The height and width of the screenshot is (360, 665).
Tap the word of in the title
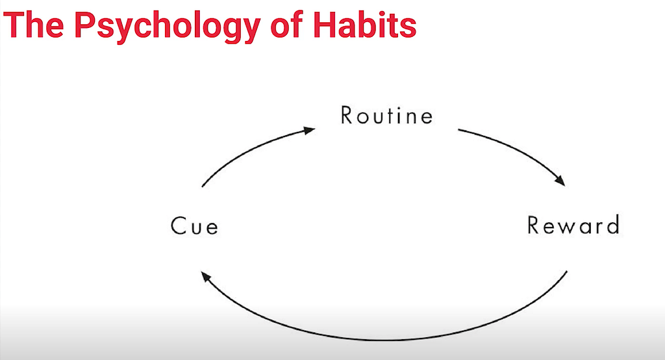point(286,25)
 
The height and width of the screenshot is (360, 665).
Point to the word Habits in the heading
point(365,25)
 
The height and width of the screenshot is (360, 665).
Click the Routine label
point(387,115)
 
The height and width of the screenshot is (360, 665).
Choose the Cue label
point(195,225)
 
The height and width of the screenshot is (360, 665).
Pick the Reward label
point(573,225)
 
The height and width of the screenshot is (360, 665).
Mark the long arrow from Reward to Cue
point(384,340)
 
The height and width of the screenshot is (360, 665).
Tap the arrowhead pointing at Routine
point(310,130)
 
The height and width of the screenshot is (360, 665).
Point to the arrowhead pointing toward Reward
point(560,181)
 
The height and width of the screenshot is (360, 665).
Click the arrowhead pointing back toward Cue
point(206,277)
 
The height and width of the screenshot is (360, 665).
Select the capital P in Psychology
point(84,25)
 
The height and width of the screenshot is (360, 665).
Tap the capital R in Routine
point(347,115)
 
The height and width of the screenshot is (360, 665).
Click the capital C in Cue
point(178,225)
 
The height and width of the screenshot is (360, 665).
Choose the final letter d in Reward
point(613,225)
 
